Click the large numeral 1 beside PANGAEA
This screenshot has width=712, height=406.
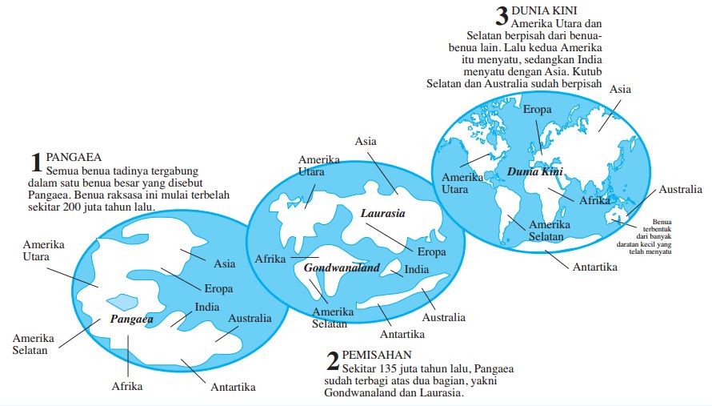click(x=35, y=163)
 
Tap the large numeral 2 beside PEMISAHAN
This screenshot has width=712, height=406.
click(x=332, y=362)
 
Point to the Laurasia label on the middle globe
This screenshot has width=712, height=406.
click(x=382, y=214)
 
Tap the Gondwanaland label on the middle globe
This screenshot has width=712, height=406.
click(x=342, y=268)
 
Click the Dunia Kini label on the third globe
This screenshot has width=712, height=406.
click(x=530, y=172)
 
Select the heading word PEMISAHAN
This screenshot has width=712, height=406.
click(x=377, y=354)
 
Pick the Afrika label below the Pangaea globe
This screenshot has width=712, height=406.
click(x=127, y=387)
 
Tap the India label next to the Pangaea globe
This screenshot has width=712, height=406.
click(x=207, y=308)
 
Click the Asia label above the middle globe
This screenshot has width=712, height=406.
click(x=366, y=142)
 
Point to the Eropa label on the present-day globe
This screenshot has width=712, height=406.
click(x=537, y=109)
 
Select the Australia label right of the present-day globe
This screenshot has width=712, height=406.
click(x=680, y=190)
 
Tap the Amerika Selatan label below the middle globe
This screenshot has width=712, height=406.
click(x=330, y=317)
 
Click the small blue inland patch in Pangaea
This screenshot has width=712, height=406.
click(x=122, y=302)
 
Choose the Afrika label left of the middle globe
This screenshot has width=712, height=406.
click(x=270, y=259)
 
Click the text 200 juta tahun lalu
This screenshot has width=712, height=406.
click(x=120, y=207)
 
